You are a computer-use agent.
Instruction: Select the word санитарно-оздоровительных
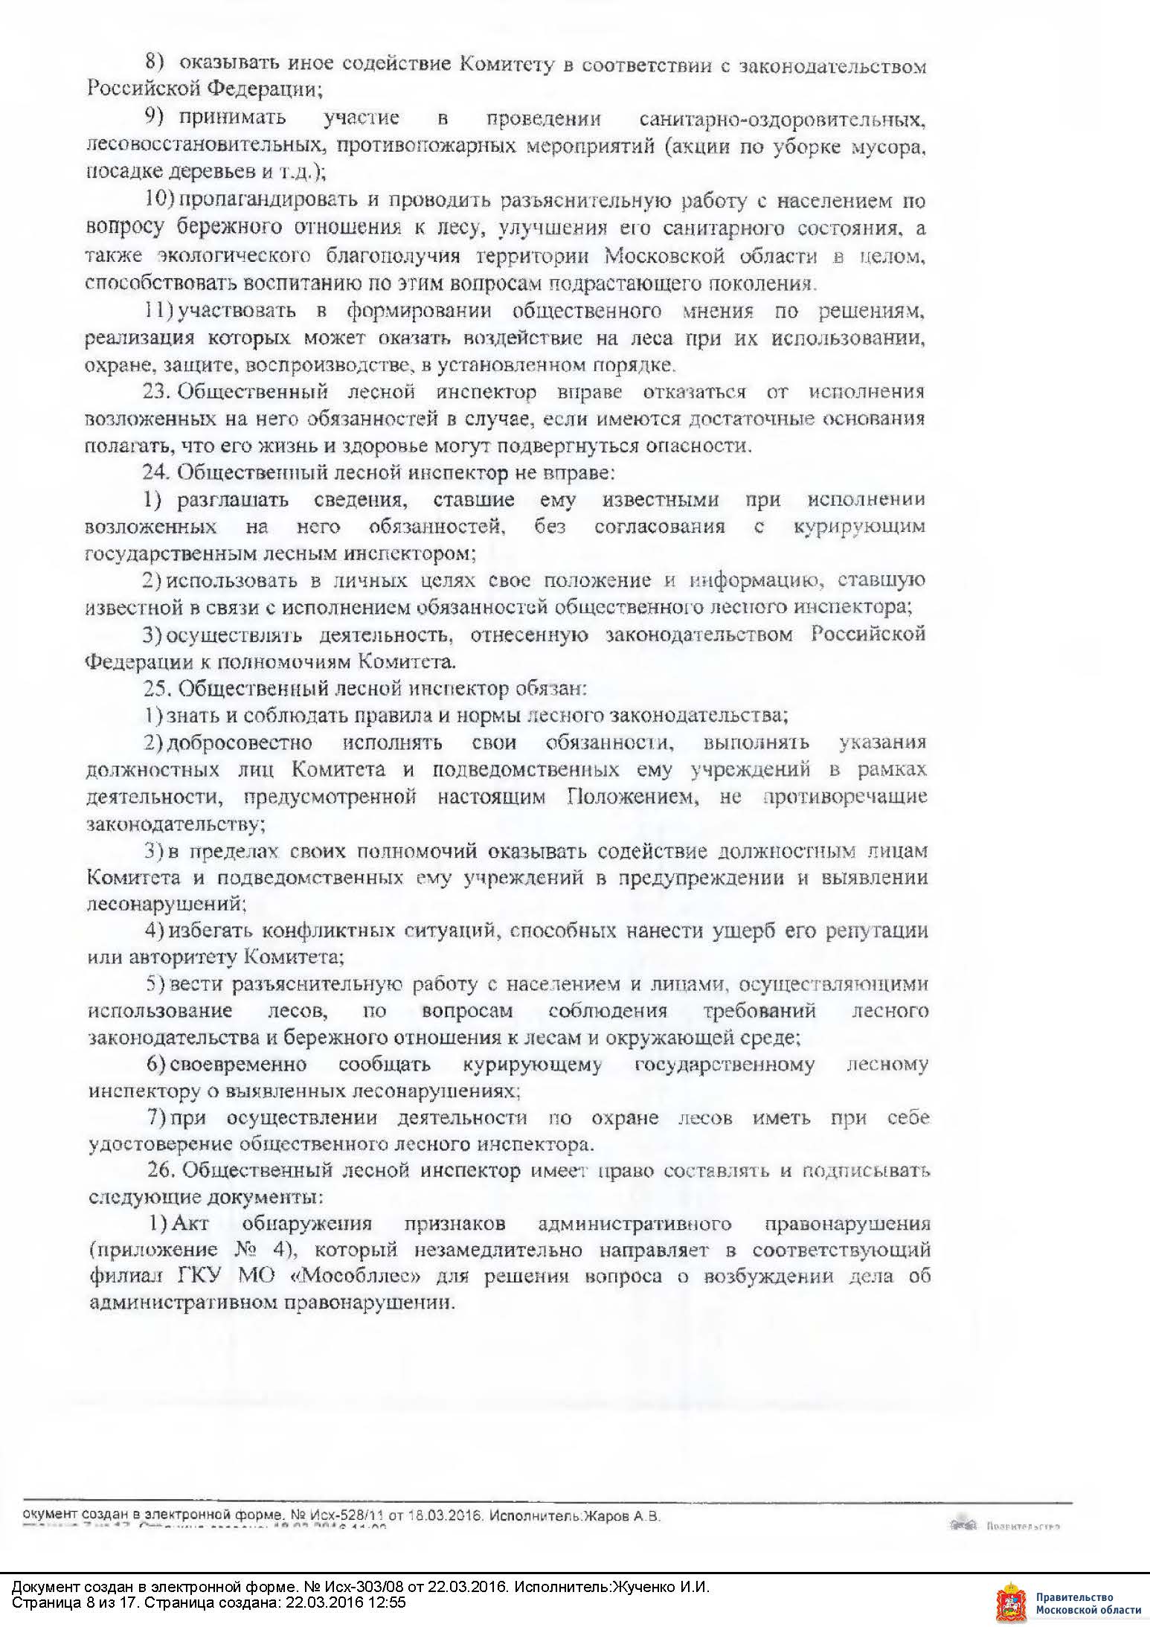(x=782, y=118)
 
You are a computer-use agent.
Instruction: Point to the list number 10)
(x=159, y=200)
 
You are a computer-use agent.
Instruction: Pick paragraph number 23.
(x=157, y=391)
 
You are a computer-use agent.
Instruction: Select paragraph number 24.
(x=157, y=472)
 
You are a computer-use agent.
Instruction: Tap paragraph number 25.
(x=157, y=688)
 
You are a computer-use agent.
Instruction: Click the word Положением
(x=633, y=796)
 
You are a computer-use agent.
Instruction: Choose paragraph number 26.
(x=160, y=1170)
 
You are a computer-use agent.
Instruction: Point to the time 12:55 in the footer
(x=390, y=1602)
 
